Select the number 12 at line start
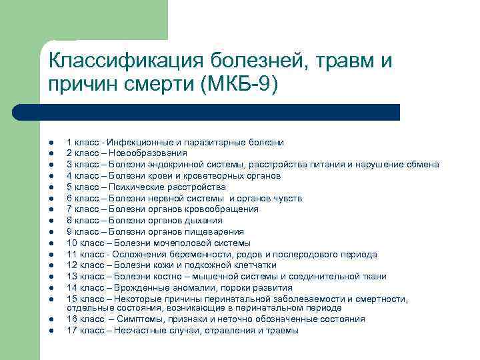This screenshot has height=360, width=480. pyautogui.click(x=72, y=265)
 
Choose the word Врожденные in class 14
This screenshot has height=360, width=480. pyautogui.click(x=141, y=287)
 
